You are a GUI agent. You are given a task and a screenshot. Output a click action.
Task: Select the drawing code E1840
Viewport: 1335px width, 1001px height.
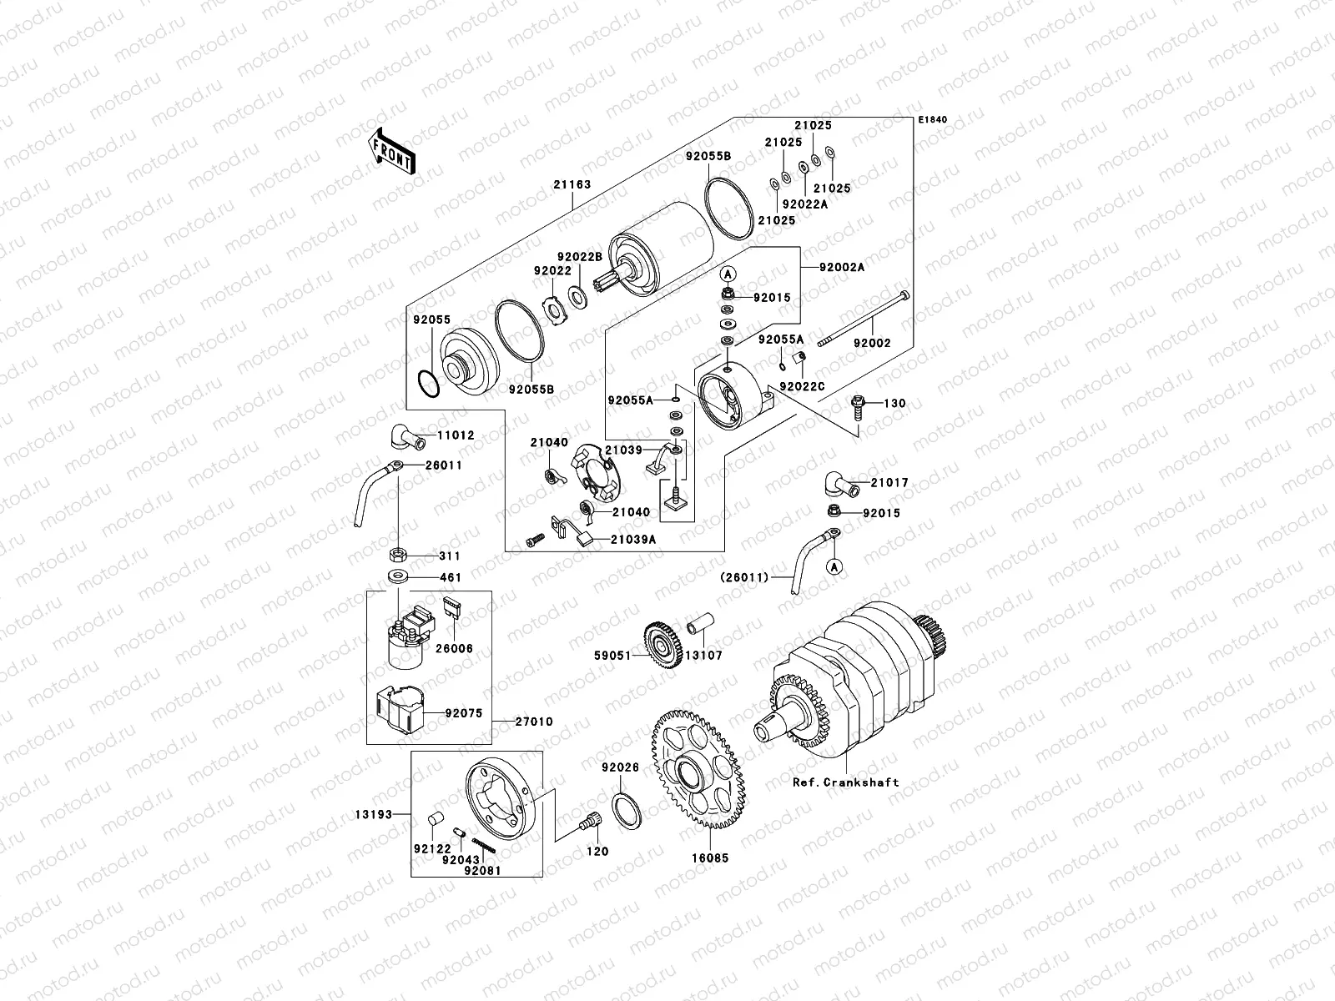(934, 120)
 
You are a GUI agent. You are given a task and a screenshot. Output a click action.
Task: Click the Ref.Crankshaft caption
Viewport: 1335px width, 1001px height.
(846, 782)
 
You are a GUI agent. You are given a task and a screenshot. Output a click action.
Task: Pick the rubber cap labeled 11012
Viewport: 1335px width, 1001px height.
(404, 435)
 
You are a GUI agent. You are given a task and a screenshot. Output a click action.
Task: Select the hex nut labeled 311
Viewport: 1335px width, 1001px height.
(398, 554)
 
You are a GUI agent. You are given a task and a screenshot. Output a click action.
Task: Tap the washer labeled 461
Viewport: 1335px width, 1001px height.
(397, 576)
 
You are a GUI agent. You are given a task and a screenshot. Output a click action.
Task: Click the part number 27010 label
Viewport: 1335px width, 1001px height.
(534, 722)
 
